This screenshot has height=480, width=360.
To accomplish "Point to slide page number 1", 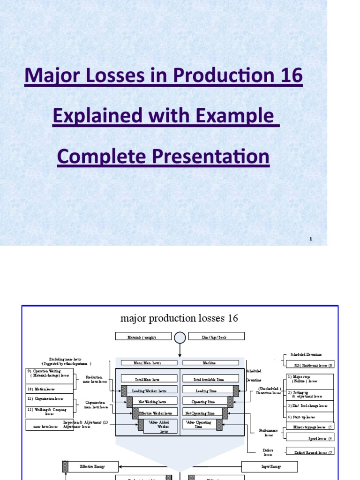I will click(x=310, y=239).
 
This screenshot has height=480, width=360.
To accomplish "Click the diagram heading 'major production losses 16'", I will click(x=179, y=319).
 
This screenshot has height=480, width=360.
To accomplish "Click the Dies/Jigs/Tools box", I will click(x=216, y=337).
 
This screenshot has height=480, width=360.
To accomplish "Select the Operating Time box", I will click(x=204, y=401).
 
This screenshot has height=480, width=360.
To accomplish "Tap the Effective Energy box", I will click(x=93, y=466).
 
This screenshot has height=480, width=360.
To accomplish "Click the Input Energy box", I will click(x=270, y=466).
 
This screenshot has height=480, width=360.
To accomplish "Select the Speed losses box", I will click(x=310, y=437).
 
